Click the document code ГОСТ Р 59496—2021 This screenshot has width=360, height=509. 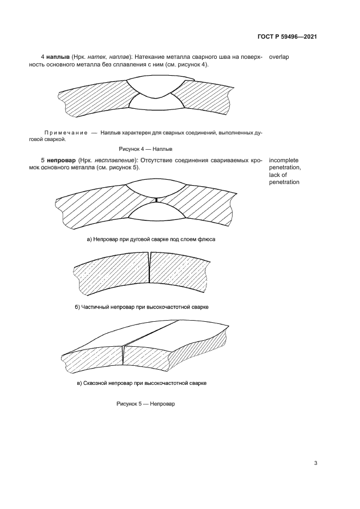point(287,36)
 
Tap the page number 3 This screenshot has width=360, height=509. point(315,463)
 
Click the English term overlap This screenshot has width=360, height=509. point(279,57)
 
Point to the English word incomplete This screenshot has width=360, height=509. point(283,161)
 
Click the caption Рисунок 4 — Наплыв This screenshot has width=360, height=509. point(145,149)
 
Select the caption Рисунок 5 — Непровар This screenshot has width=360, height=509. point(145,404)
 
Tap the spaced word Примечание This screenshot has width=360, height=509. point(65,133)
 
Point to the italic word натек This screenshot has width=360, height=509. point(96,57)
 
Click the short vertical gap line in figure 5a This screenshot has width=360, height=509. point(156,200)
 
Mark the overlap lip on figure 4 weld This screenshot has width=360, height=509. point(192,78)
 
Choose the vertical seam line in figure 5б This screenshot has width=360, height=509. point(149,267)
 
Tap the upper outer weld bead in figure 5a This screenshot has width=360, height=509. point(156,188)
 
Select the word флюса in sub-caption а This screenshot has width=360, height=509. point(208,240)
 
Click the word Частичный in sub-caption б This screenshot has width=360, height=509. point(94,307)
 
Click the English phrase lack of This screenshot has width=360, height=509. point(278,175)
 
